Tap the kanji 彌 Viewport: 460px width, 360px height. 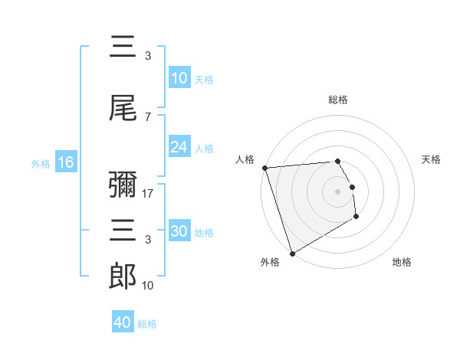[x=123, y=186]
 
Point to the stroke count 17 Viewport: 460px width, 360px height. [x=148, y=194]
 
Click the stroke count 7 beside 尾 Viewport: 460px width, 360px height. [x=147, y=116]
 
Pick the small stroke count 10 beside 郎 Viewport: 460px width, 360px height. [x=148, y=286]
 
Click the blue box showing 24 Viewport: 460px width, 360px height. [x=179, y=147]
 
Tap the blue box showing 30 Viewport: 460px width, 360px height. [x=179, y=231]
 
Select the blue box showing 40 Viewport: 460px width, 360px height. [x=123, y=322]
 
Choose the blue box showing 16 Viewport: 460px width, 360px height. [x=65, y=162]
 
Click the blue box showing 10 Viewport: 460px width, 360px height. [x=179, y=78]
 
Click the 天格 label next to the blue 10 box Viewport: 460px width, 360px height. [x=204, y=79]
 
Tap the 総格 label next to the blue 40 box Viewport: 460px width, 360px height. [x=147, y=323]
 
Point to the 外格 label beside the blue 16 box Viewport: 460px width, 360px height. [x=41, y=163]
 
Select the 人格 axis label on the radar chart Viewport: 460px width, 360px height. [x=245, y=159]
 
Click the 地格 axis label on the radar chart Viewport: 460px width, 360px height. [x=402, y=262]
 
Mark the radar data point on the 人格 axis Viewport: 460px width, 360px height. [x=264, y=168]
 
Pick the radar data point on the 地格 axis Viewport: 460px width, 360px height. [x=356, y=217]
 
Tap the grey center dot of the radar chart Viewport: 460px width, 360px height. [x=337, y=191]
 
